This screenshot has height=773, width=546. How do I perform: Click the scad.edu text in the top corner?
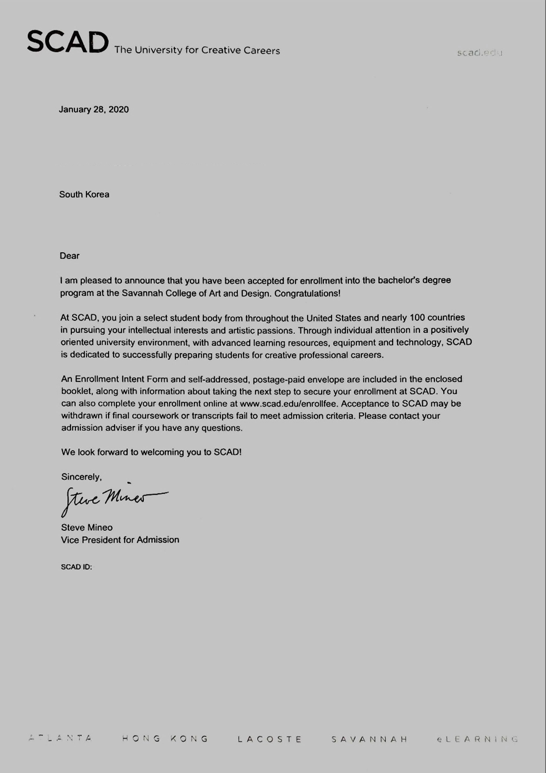(x=479, y=53)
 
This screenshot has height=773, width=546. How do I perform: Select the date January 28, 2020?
(x=94, y=110)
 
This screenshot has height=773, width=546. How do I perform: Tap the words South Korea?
(x=84, y=195)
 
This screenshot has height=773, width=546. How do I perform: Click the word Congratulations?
(x=307, y=293)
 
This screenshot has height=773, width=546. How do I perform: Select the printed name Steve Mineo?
(x=87, y=527)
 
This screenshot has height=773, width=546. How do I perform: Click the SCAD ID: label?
(x=76, y=567)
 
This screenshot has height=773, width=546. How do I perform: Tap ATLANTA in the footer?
(x=61, y=738)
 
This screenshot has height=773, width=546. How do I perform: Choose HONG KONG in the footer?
(x=165, y=739)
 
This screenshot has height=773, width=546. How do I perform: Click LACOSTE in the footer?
(x=269, y=739)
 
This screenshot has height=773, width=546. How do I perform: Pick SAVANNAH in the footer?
(x=369, y=739)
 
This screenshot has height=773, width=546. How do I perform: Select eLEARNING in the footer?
(x=477, y=739)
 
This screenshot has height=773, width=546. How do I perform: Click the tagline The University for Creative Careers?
(x=197, y=50)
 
